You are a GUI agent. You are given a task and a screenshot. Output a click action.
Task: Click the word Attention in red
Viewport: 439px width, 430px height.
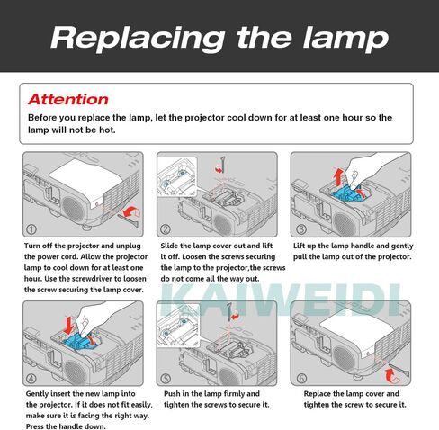67,99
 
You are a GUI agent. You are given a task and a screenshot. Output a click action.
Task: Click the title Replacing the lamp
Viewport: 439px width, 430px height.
219,38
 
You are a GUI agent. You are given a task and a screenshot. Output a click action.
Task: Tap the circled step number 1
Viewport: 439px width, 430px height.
32,229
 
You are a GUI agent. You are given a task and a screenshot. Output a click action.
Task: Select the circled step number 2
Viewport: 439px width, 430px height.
166,229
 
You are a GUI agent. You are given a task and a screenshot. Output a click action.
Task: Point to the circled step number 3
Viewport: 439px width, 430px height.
300,229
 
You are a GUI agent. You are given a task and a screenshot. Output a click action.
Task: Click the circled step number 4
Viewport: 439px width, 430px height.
32,378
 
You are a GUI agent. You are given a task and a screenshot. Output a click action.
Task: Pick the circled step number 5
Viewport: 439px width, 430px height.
166,378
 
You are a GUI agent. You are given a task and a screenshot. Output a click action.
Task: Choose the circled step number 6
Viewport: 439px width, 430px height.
300,378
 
